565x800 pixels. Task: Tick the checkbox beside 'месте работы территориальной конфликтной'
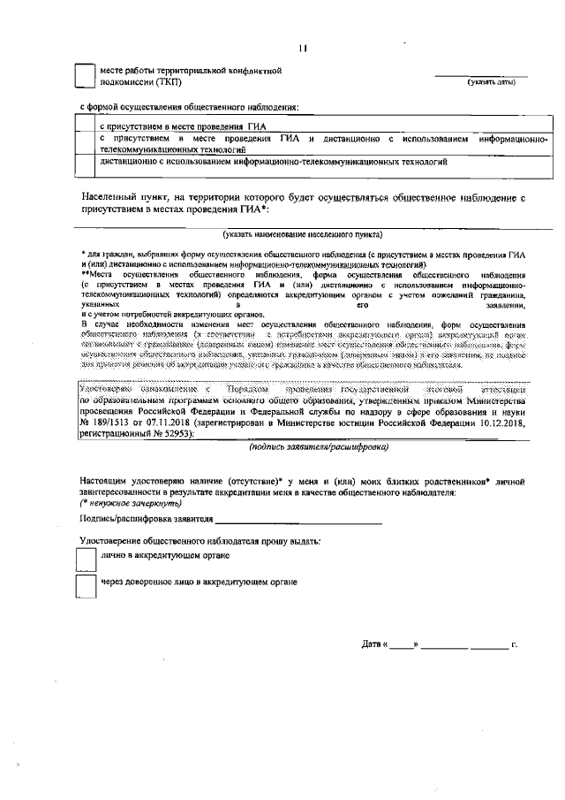[x=83, y=76]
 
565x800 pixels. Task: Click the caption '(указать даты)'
[x=492, y=83]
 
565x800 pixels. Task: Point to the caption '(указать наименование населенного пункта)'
[x=303, y=236]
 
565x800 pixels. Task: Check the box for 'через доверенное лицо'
[x=85, y=586]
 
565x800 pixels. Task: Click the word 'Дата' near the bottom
[x=371, y=645]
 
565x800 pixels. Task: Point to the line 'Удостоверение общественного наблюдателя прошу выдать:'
[x=200, y=540]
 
